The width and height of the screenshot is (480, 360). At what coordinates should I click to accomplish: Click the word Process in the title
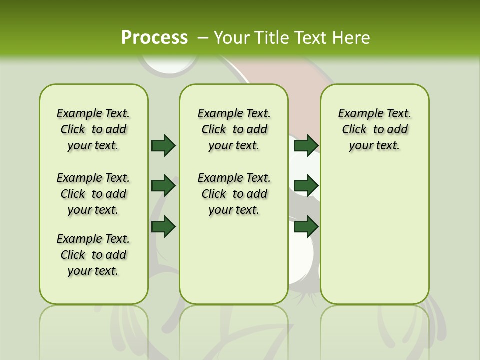pyautogui.click(x=154, y=38)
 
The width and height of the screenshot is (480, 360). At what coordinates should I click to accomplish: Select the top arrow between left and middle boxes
pyautogui.click(x=163, y=145)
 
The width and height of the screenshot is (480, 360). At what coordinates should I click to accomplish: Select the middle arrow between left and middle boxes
pyautogui.click(x=163, y=186)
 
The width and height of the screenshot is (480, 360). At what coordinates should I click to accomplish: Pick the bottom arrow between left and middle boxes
pyautogui.click(x=163, y=227)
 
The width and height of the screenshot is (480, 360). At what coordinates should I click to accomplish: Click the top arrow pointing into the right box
pyautogui.click(x=306, y=145)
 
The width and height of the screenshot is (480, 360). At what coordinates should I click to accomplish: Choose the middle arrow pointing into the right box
pyautogui.click(x=306, y=186)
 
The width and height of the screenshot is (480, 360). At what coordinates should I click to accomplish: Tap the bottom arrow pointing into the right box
pyautogui.click(x=306, y=227)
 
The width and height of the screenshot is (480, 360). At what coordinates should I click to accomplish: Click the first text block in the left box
pyautogui.click(x=93, y=129)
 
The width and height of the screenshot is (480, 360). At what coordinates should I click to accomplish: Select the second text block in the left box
pyautogui.click(x=93, y=194)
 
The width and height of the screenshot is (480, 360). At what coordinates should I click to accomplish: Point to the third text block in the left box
pyautogui.click(x=93, y=255)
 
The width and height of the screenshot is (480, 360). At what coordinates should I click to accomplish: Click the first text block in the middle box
pyautogui.click(x=234, y=129)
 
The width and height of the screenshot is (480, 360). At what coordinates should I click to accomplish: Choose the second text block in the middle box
pyautogui.click(x=234, y=194)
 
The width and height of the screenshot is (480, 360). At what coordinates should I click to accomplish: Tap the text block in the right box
pyautogui.click(x=375, y=129)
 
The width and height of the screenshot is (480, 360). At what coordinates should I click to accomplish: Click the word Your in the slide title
pyautogui.click(x=232, y=38)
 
